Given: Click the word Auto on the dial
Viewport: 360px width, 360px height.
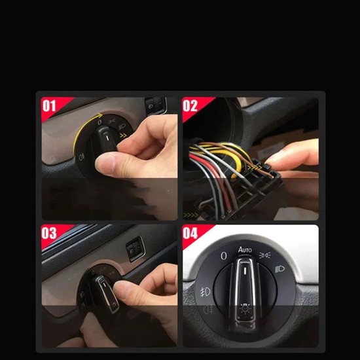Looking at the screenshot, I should [x=245, y=250].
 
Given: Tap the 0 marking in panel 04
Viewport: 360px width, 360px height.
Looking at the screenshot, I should [x=223, y=256].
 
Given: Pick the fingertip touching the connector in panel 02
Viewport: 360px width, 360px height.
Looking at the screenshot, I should [x=275, y=157].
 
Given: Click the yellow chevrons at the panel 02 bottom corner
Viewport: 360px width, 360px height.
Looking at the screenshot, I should [x=192, y=214].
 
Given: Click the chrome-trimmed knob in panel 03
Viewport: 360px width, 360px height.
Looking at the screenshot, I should [x=105, y=289].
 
